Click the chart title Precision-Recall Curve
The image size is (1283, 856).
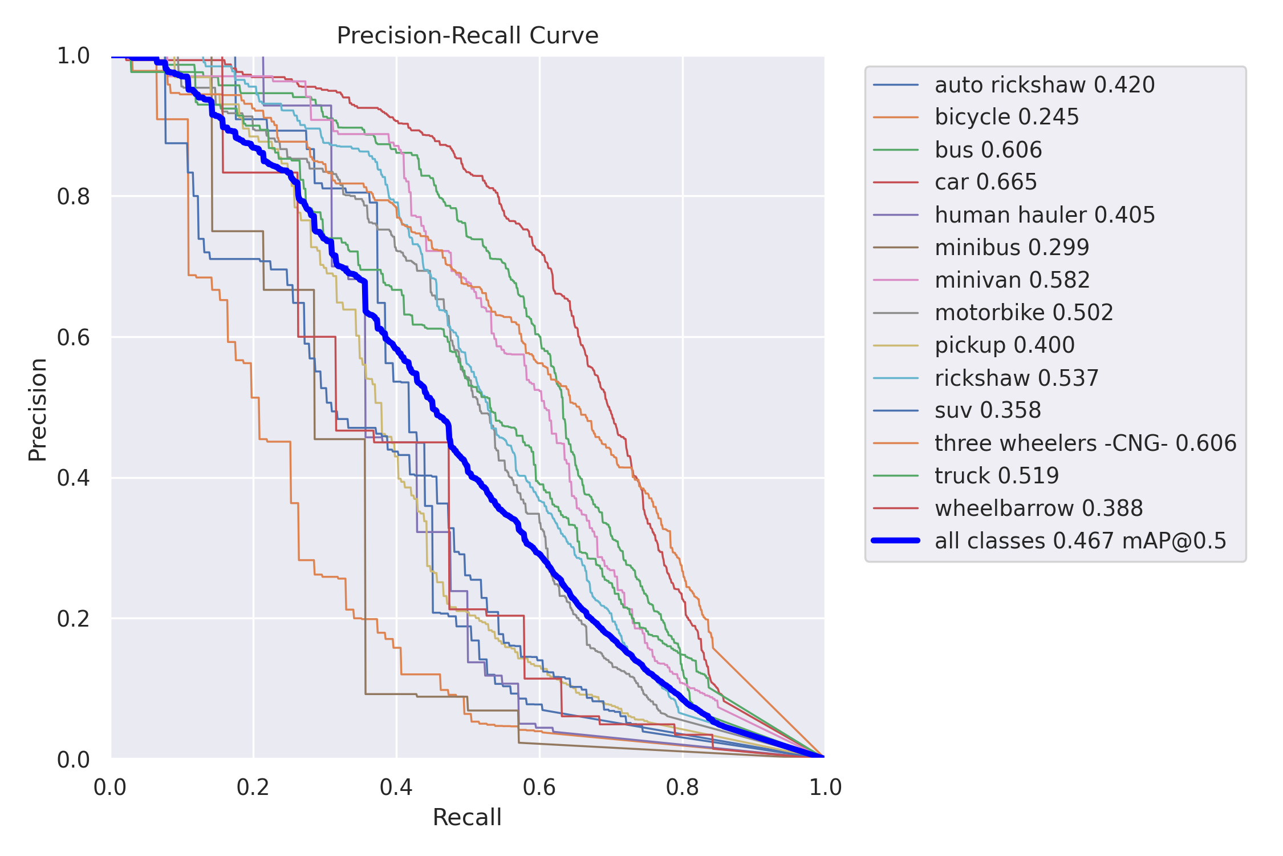468,35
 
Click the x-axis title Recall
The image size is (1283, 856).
467,817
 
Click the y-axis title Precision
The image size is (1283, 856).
38,409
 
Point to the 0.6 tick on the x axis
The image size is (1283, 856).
539,788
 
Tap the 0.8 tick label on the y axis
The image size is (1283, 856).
74,196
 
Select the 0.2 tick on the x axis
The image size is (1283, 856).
253,788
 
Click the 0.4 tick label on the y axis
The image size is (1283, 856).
74,478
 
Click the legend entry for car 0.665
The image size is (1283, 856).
985,182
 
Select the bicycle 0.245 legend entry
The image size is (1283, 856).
1006,117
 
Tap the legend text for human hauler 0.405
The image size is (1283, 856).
1045,215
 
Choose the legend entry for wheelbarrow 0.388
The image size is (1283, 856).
1038,508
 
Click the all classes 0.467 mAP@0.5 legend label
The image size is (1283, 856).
1080,540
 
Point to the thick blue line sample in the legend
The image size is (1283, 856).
896,540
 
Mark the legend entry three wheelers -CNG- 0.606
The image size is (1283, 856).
1085,443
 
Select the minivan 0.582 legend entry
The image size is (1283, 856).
1012,280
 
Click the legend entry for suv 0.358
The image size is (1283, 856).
988,410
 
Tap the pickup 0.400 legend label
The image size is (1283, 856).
1004,345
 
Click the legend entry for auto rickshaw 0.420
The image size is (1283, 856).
1044,85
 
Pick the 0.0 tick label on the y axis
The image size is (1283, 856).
74,760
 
